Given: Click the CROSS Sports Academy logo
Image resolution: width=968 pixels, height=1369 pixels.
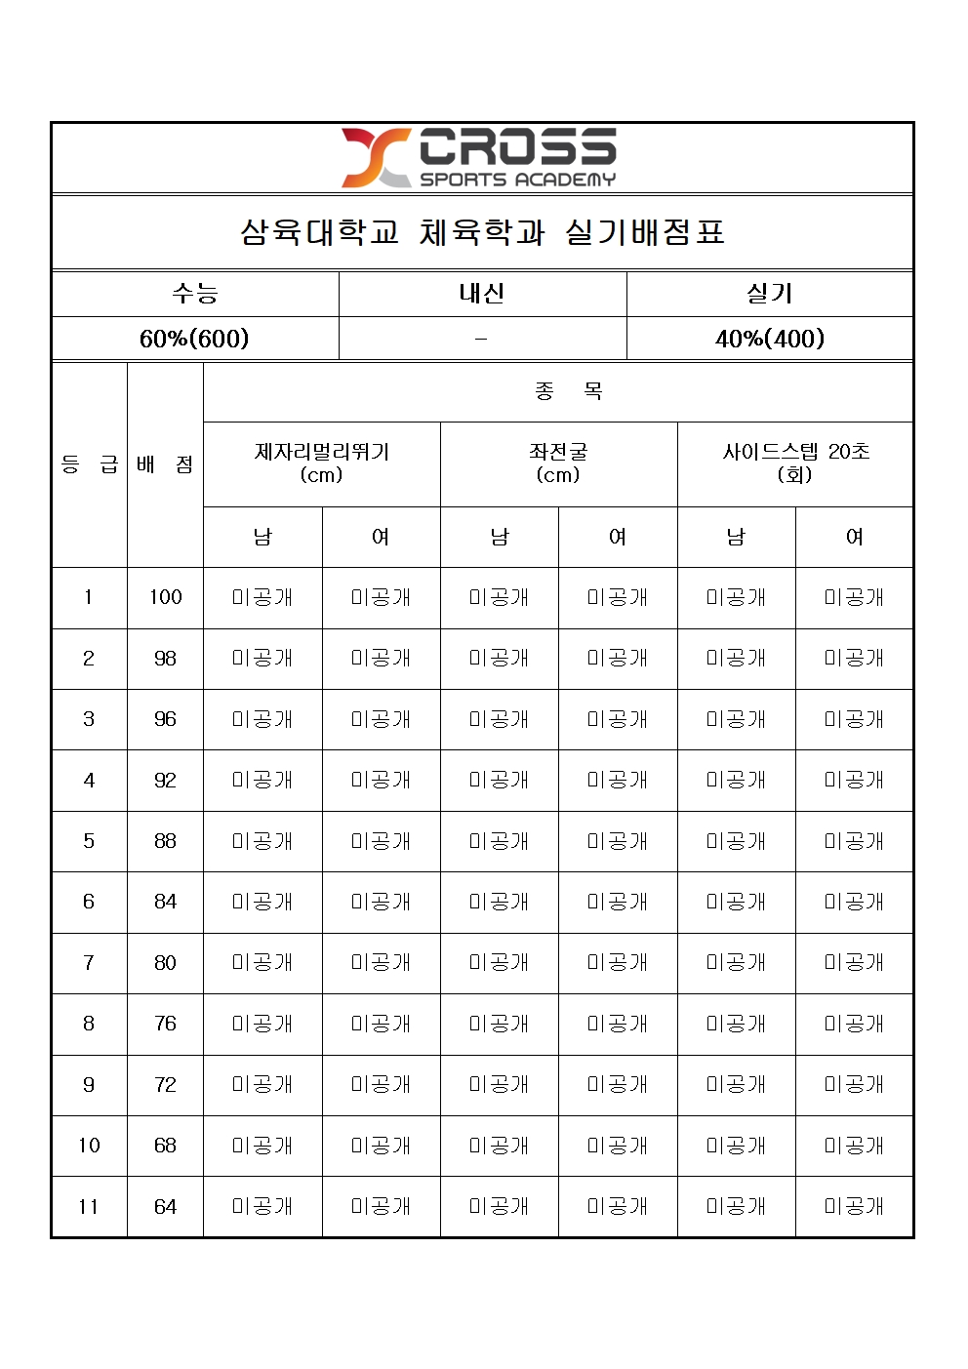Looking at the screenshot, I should click(479, 158).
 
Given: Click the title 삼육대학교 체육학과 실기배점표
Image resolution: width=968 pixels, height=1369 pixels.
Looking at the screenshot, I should click(482, 232).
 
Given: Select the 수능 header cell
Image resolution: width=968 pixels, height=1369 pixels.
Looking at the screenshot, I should click(195, 294).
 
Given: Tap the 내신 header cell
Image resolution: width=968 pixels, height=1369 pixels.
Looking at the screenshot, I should click(482, 294).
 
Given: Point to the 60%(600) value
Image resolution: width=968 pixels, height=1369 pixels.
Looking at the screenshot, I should click(194, 339).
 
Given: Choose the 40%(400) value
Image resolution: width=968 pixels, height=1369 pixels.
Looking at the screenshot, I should click(770, 339).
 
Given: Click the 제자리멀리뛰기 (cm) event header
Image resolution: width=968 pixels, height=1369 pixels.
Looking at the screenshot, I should click(321, 463).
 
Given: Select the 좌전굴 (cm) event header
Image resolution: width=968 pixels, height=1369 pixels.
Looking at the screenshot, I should click(558, 463).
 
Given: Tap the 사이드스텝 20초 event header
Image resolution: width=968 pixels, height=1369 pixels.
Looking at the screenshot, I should click(795, 463).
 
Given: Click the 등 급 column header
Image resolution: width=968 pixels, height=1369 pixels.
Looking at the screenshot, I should click(89, 464).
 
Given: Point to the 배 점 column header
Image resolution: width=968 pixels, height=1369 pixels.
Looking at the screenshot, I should click(165, 464).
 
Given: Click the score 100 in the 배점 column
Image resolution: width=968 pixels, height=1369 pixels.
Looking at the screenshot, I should click(165, 597).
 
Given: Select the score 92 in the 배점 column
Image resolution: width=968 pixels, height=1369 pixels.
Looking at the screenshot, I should click(165, 781).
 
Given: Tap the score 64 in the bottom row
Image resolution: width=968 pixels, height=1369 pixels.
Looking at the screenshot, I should click(165, 1207).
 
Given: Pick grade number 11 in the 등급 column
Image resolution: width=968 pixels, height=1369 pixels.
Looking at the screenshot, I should click(89, 1207).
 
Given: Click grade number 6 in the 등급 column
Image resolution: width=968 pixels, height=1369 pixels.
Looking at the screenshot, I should click(89, 903).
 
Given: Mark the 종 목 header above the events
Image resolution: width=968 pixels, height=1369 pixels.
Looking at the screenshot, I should click(569, 392).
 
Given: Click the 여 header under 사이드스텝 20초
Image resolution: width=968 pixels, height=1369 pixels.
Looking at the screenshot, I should click(855, 537).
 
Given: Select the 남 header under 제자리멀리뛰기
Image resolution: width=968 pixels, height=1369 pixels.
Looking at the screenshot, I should click(262, 537).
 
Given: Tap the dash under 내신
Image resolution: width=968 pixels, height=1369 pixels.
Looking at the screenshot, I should click(481, 339).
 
